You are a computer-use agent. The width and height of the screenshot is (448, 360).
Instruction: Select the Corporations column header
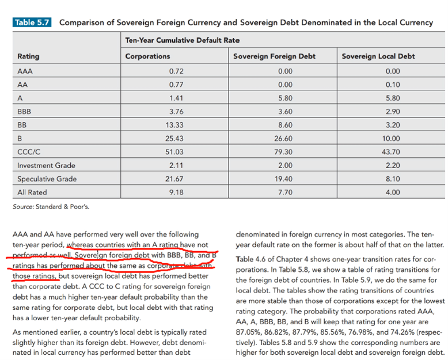click(148, 56)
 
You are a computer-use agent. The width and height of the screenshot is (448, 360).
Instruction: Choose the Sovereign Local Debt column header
click(378, 56)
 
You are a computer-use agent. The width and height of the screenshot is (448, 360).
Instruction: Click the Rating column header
click(28, 56)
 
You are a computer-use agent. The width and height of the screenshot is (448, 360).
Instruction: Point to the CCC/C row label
click(29, 152)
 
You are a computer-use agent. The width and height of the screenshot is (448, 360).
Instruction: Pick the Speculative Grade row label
click(43, 179)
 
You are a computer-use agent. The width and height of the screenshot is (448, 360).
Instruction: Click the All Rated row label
click(32, 192)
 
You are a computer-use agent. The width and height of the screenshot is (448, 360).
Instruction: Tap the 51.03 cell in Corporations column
click(176, 152)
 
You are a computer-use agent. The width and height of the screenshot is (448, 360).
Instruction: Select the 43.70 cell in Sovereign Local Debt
click(392, 152)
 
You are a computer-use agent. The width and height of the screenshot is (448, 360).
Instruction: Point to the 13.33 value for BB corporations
click(176, 125)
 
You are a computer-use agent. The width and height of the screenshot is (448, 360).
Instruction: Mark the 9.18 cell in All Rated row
click(176, 192)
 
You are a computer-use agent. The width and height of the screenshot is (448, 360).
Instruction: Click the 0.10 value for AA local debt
click(392, 84)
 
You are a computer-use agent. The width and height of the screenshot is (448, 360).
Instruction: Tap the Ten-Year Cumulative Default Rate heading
click(182, 40)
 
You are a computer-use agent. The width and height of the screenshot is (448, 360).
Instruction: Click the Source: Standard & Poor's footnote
click(51, 206)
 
